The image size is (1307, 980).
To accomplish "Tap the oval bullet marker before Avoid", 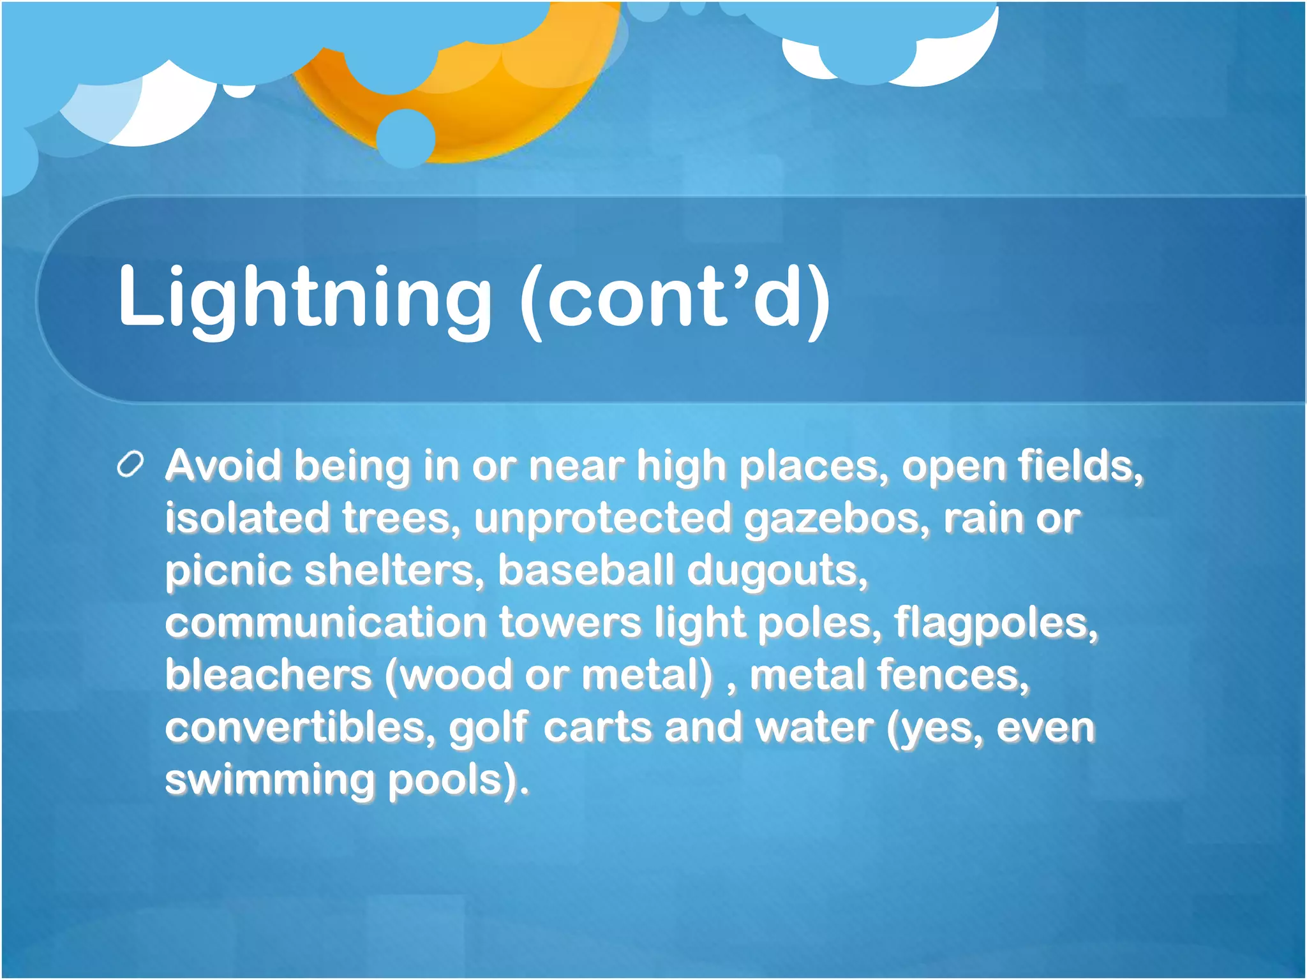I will [131, 465].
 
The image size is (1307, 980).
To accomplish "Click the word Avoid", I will [223, 465].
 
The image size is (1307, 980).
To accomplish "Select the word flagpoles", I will [996, 623].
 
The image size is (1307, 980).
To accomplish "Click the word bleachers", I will [268, 674].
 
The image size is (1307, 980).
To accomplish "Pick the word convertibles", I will [300, 727].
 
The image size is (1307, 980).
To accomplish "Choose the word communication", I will [325, 623].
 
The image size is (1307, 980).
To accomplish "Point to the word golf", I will [489, 729].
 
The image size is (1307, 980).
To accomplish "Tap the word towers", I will [570, 623].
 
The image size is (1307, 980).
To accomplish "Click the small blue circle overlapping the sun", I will [405, 138].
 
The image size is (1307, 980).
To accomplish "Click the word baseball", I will [585, 570].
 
